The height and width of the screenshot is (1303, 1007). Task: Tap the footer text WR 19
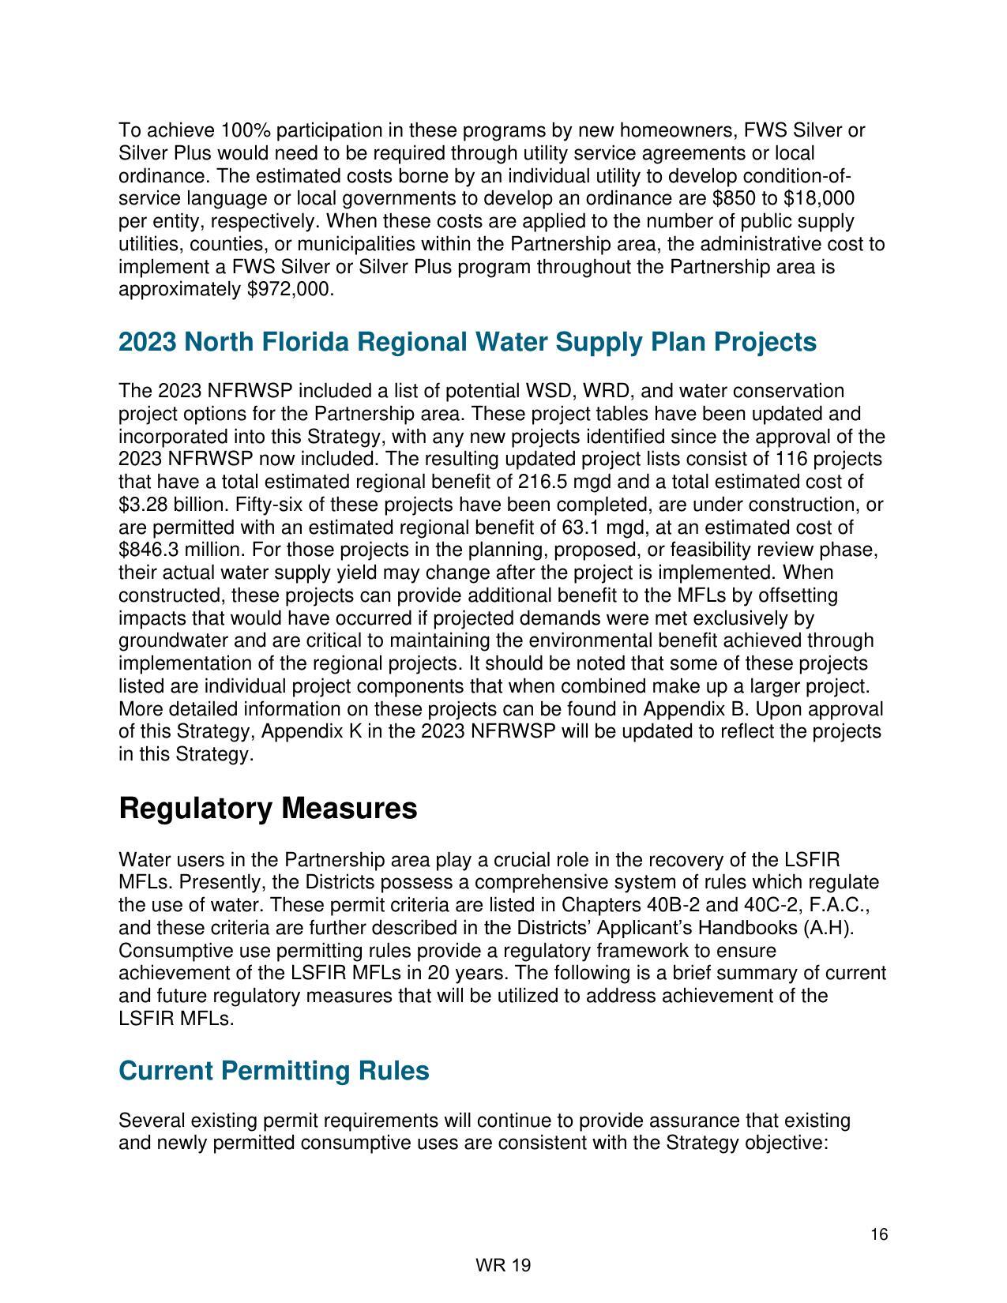coord(503,1265)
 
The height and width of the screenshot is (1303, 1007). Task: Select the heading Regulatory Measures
coord(268,809)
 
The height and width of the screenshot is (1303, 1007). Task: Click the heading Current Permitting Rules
coord(274,1071)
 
